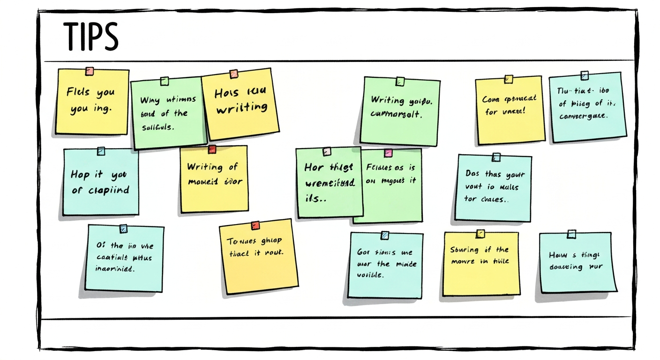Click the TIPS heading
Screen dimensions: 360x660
point(90,37)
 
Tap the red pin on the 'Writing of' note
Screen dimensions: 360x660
point(212,150)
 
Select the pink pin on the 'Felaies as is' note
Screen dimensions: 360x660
point(388,153)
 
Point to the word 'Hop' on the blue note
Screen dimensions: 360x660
point(80,175)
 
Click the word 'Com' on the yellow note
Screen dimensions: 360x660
point(490,99)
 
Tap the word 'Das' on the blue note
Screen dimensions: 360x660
point(473,173)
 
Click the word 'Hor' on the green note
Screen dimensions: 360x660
point(314,167)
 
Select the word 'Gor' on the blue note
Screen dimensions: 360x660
point(364,252)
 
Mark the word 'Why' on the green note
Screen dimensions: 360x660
point(150,100)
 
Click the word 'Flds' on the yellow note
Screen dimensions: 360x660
point(78,92)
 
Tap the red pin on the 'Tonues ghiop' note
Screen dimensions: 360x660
point(255,225)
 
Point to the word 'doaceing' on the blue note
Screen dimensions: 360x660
point(566,267)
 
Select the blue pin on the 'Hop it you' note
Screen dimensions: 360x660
point(101,151)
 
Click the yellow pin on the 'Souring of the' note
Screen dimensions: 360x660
point(480,233)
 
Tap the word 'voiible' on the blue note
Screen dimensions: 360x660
point(370,275)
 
